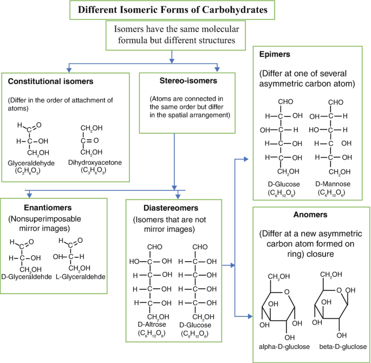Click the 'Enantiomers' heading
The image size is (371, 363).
(x=34, y=208)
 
